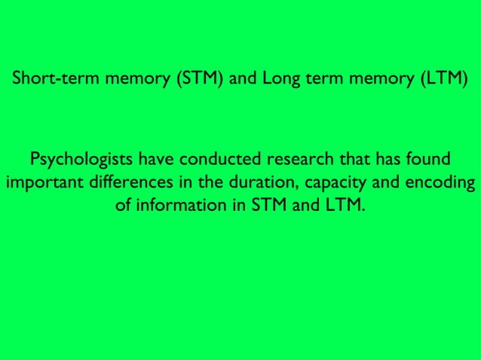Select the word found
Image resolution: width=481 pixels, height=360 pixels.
point(430,160)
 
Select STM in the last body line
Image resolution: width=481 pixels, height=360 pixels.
point(268,205)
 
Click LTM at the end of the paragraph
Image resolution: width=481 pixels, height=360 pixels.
point(345,205)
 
